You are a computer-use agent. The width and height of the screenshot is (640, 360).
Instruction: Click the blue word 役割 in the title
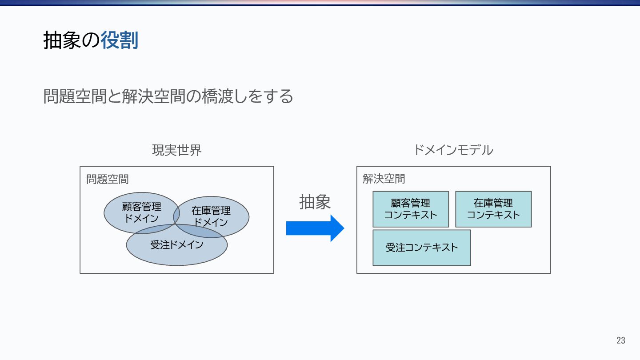tap(119, 40)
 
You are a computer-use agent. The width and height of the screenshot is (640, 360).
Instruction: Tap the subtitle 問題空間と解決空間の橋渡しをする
tap(168, 96)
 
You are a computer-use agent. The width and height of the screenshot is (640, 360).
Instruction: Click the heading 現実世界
tap(177, 150)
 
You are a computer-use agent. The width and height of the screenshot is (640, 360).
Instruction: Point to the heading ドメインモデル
tap(453, 150)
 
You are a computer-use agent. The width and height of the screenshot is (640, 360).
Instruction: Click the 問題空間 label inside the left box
tap(108, 179)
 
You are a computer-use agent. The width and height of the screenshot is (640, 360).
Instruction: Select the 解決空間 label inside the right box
tap(384, 179)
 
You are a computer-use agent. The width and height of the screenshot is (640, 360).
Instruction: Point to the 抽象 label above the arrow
tap(315, 203)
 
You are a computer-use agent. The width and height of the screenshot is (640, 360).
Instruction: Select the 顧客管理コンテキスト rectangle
tap(411, 209)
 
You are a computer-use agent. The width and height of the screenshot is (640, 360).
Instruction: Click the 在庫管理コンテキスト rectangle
tap(493, 209)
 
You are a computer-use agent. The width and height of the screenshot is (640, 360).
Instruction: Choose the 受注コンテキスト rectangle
tap(421, 248)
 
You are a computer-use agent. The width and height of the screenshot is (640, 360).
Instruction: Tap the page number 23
tap(620, 340)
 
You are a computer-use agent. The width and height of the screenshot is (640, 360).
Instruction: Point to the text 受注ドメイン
tap(176, 245)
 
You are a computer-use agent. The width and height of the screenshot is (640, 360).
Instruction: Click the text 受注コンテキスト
tap(421, 248)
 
